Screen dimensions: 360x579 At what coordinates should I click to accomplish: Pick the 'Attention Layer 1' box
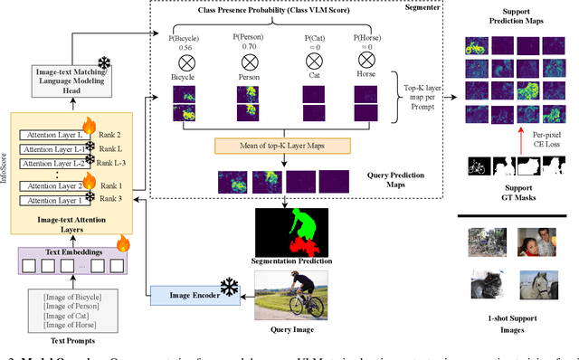50,200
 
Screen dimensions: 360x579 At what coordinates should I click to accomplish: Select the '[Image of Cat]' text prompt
65,317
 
